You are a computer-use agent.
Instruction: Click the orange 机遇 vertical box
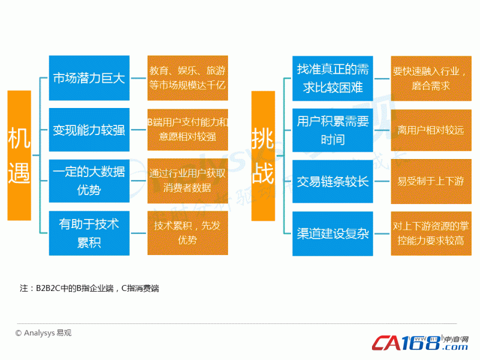point(19,155)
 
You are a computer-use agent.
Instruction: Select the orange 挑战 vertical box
point(263,156)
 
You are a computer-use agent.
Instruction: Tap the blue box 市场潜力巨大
point(89,78)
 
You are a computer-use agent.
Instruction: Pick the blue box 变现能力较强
point(89,130)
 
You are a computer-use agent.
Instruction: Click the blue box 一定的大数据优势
point(89,181)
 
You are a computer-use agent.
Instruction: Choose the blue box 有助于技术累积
point(89,233)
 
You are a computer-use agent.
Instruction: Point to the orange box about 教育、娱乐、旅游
point(188,78)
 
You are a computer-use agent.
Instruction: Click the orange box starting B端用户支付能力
point(188,130)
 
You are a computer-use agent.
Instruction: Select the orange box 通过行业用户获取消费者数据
point(188,181)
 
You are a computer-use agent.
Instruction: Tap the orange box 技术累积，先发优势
point(188,233)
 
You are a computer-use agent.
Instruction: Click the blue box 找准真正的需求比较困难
point(332,79)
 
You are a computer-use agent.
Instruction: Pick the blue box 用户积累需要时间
point(332,130)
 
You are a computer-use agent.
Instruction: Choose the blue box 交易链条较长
point(332,181)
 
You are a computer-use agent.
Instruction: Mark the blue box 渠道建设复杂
point(332,233)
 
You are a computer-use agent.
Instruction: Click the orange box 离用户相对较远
point(431,130)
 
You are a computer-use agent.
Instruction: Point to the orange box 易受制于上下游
point(431,181)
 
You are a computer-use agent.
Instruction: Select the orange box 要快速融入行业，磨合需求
point(431,79)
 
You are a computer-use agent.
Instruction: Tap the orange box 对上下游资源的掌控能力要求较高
point(431,233)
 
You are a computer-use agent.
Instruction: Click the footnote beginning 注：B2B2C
point(89,289)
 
